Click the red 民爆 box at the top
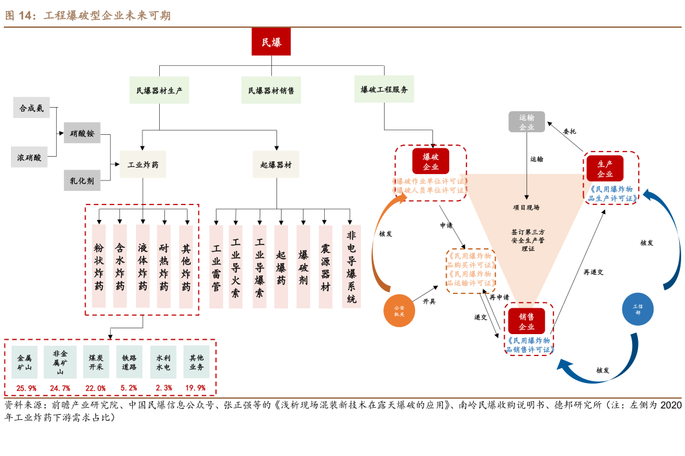click(x=271, y=43)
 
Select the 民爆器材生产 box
click(x=159, y=91)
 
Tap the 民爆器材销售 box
click(x=271, y=91)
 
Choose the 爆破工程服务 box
click(x=384, y=90)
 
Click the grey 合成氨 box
click(x=32, y=108)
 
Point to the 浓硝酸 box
click(x=30, y=157)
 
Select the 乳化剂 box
click(x=82, y=181)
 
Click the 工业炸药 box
click(x=143, y=164)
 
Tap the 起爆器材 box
click(x=276, y=164)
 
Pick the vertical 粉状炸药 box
click(x=99, y=266)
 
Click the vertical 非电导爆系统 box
click(x=351, y=266)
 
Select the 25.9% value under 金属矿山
click(x=26, y=388)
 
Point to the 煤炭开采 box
click(x=96, y=362)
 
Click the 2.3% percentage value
click(x=164, y=388)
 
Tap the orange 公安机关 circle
click(x=400, y=311)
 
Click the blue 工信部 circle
click(x=638, y=309)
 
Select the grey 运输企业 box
click(x=526, y=122)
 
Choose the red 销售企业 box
click(x=526, y=321)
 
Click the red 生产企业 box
click(x=605, y=168)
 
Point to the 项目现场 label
click(x=526, y=208)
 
